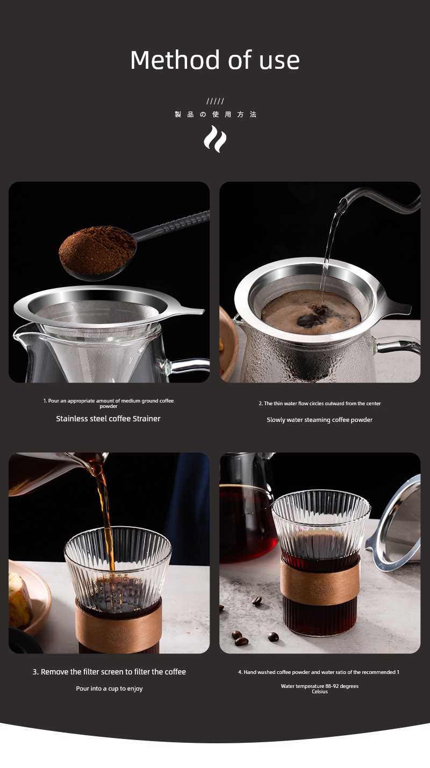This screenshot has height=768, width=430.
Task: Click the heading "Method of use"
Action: pos(215,60)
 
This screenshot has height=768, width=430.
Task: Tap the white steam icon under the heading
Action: pos(215,139)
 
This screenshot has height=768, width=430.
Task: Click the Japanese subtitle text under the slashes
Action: pos(216,114)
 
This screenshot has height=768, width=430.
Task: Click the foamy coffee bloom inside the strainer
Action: pos(311,312)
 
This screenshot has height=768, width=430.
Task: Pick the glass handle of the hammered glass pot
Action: pos(398,344)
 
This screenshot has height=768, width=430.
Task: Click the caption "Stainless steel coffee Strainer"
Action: pos(109,419)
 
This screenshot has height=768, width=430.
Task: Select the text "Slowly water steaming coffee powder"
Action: pos(320,420)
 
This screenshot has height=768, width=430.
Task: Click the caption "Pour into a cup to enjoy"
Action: pos(110,688)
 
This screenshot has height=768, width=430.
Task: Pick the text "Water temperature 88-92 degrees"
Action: pos(320,686)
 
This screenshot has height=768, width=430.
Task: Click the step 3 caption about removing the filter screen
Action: pos(110,672)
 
